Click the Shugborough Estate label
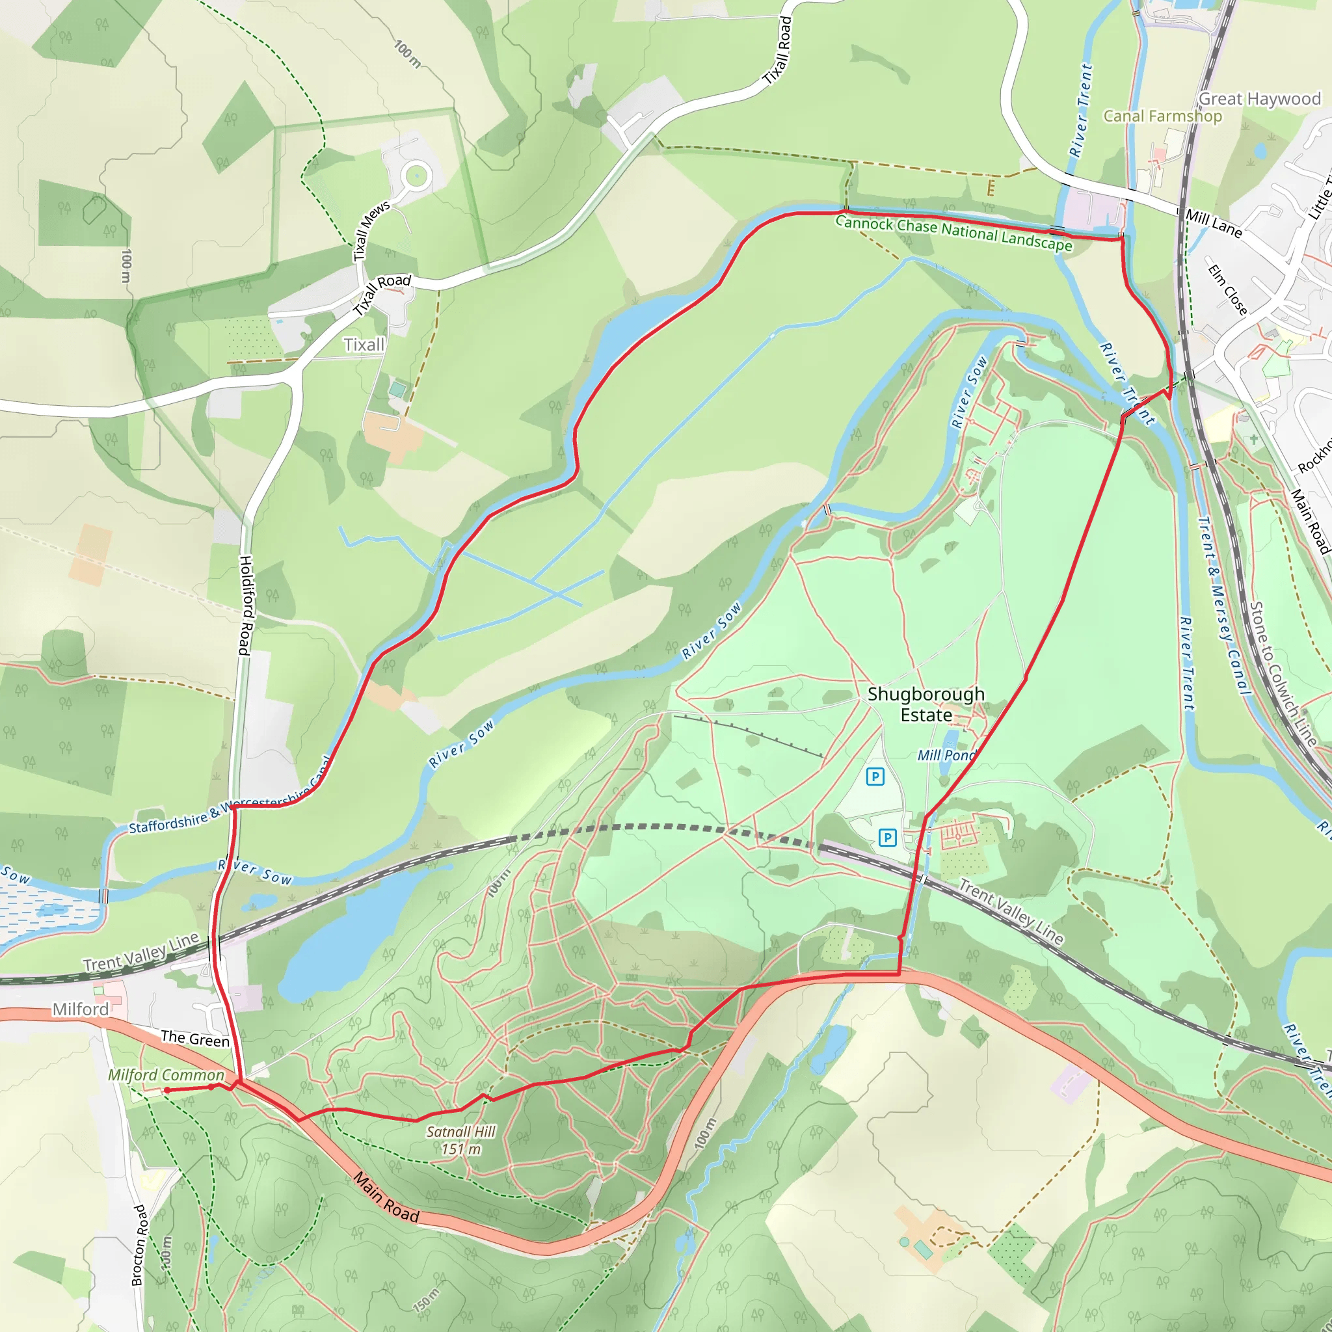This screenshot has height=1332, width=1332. pyautogui.click(x=926, y=704)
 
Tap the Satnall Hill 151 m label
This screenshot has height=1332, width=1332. pyautogui.click(x=460, y=1139)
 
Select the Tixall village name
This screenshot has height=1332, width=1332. pyautogui.click(x=364, y=345)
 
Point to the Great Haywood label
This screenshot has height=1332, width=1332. pyautogui.click(x=1259, y=100)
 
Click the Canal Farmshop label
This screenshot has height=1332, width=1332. pyautogui.click(x=1162, y=116)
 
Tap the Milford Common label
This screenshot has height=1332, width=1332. pyautogui.click(x=166, y=1075)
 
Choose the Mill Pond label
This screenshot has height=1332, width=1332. pyautogui.click(x=946, y=756)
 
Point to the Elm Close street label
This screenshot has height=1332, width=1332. pyautogui.click(x=1228, y=289)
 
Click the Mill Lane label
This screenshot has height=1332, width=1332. pyautogui.click(x=1214, y=223)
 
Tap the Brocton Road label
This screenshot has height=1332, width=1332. pyautogui.click(x=139, y=1245)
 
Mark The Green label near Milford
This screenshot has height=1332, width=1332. pyautogui.click(x=195, y=1039)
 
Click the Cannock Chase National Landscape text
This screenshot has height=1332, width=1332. pyautogui.click(x=953, y=232)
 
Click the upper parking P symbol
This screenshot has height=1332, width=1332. pyautogui.click(x=875, y=777)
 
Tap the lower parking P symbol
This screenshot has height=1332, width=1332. pyautogui.click(x=887, y=838)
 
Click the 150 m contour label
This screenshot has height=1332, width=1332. pyautogui.click(x=425, y=1300)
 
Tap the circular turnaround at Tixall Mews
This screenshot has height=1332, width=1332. pyautogui.click(x=416, y=176)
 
